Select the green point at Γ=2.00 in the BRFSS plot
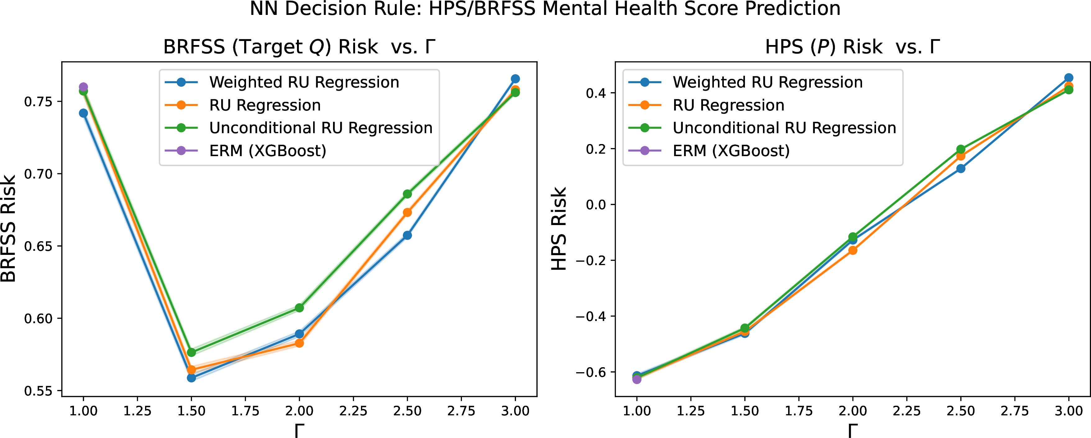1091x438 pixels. pyautogui.click(x=299, y=308)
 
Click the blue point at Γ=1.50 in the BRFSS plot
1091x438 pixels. pyautogui.click(x=191, y=378)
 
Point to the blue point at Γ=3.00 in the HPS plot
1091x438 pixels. pyautogui.click(x=1069, y=78)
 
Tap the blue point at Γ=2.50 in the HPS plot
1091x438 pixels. pyautogui.click(x=961, y=169)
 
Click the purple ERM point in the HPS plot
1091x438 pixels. pyautogui.click(x=637, y=380)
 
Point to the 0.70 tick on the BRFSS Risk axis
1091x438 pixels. pyautogui.click(x=38, y=174)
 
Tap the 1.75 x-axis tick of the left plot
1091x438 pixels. pyautogui.click(x=245, y=410)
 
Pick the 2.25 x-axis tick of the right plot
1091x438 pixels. pyautogui.click(x=907, y=410)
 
